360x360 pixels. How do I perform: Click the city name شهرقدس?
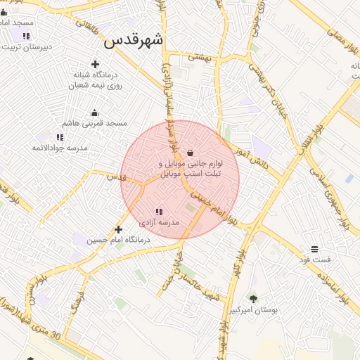point(134,40)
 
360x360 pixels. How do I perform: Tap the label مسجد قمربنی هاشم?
point(95,123)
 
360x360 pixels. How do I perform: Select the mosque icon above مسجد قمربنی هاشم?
point(95,112)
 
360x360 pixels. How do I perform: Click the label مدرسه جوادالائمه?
point(60,148)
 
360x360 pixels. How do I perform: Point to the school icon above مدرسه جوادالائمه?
point(60,137)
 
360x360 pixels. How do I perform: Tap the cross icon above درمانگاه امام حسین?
point(118,229)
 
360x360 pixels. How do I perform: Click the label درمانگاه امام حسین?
point(118,240)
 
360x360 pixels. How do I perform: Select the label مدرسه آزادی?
point(159,222)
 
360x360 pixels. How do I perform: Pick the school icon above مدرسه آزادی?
point(159,212)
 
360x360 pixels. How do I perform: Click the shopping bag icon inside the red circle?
point(190,153)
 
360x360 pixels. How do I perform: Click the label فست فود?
point(314,260)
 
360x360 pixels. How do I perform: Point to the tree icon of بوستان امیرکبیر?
point(253,300)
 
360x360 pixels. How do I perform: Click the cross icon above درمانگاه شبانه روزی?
point(95,65)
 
